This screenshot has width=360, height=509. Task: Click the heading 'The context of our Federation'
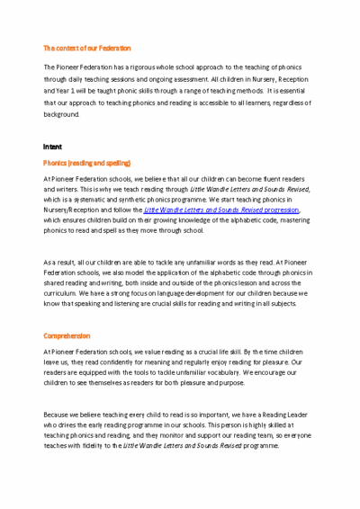[87, 48]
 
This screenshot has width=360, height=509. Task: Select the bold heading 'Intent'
[52, 145]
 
